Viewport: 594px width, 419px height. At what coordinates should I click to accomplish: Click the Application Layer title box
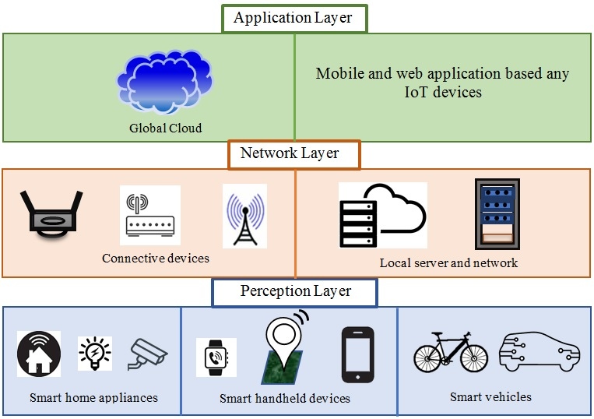tap(293, 17)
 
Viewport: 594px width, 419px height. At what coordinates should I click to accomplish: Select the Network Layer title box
tap(293, 153)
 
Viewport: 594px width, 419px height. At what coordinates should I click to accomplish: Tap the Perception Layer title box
tap(295, 291)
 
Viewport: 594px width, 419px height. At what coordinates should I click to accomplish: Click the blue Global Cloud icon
tap(165, 81)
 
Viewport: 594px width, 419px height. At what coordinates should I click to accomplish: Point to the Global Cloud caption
tap(165, 128)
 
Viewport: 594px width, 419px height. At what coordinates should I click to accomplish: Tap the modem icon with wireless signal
tap(149, 215)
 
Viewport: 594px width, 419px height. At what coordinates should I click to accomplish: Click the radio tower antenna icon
tap(244, 216)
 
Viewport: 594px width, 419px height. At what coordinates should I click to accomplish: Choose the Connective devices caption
tap(156, 258)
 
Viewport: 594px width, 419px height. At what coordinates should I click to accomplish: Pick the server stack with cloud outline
tap(382, 215)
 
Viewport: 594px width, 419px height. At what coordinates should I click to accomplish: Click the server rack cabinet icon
tap(497, 213)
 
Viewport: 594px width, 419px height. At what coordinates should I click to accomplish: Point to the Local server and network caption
tap(448, 262)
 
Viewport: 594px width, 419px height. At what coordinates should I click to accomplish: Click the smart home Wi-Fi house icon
tap(39, 354)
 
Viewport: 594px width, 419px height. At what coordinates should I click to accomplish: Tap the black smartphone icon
tap(357, 354)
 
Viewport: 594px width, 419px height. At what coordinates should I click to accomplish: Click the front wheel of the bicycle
tap(473, 357)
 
